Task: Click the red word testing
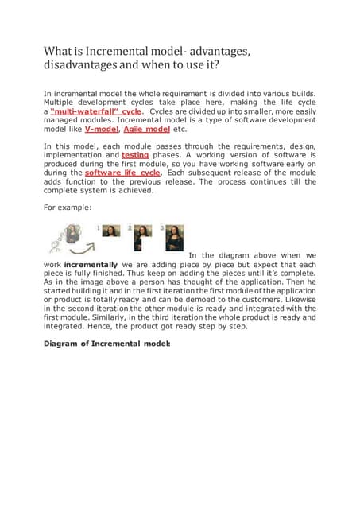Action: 135,155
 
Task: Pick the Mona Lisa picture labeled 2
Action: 143,233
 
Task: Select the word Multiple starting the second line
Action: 60,103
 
